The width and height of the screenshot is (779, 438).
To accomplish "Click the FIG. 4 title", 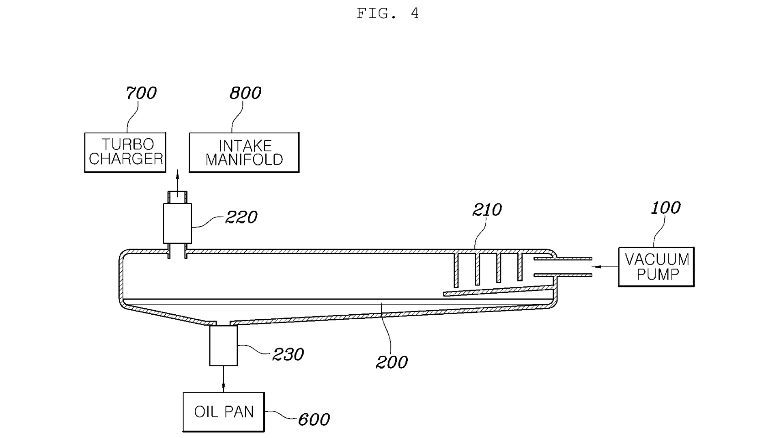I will tap(387, 14).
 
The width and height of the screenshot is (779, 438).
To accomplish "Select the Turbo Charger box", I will tap(125, 152).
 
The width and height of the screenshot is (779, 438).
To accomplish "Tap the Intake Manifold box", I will tap(244, 152).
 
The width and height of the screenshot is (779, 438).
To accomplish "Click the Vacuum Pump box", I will tap(656, 267).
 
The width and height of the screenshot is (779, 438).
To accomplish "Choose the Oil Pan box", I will tap(224, 412).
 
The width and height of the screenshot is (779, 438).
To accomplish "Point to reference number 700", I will tap(141, 93).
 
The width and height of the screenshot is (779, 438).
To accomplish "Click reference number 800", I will tap(245, 93).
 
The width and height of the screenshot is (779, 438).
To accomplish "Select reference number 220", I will tap(241, 217).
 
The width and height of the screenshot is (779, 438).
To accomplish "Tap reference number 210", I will tap(487, 210).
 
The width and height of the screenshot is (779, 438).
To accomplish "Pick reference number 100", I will tap(665, 208).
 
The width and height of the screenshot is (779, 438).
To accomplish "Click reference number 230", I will tap(288, 354).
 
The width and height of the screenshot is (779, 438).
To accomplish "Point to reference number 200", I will tap(392, 362).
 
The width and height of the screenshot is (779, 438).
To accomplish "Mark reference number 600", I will tap(314, 419).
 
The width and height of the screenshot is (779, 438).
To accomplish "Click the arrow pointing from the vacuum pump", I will tap(605, 267).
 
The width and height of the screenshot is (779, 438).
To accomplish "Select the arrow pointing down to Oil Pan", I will tap(223, 379).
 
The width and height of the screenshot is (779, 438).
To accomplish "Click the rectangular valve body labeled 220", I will tap(177, 223).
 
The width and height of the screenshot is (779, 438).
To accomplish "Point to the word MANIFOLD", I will tap(244, 160).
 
